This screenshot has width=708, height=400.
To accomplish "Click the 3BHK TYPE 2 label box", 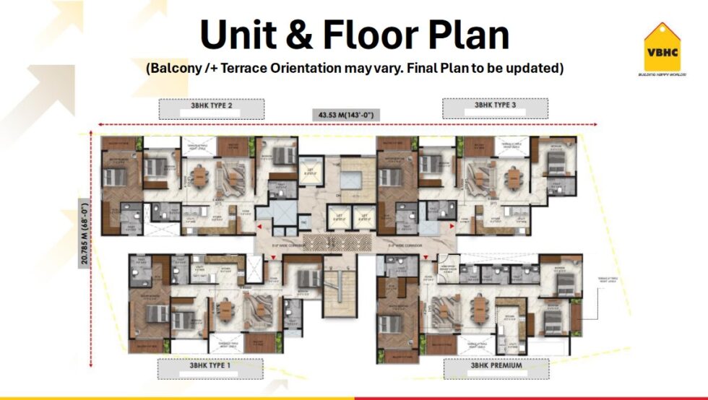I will (211, 108).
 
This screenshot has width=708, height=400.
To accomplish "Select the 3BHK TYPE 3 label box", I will (495, 108).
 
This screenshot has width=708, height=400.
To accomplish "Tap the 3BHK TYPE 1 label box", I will (210, 367).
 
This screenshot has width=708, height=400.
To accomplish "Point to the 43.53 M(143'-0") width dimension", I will (345, 115).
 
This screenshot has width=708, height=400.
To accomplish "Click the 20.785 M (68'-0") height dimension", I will (84, 235).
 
